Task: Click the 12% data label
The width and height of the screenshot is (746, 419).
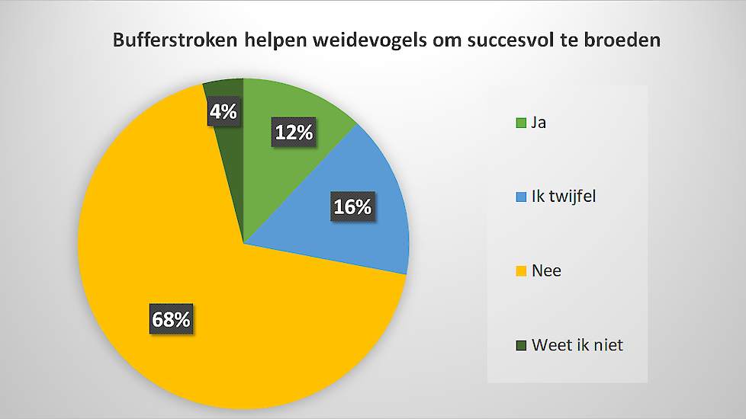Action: coord(294,132)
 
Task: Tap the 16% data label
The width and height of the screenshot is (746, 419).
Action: coord(352,206)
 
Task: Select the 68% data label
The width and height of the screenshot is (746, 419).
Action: coord(172,318)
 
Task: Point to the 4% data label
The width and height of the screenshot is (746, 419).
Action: coord(223,111)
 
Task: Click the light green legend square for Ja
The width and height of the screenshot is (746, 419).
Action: coord(521,123)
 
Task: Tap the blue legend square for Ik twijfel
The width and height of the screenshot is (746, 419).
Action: coord(521,197)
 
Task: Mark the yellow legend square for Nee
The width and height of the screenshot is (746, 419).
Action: coord(521,270)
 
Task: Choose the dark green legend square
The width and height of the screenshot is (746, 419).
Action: coord(521,345)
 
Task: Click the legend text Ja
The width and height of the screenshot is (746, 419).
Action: coord(539,123)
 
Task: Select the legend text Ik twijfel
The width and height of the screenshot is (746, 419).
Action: coord(564,197)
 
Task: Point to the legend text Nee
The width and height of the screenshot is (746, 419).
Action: coord(547,270)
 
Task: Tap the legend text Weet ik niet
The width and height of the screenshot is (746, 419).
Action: coord(577,345)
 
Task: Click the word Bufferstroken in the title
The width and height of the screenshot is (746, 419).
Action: coord(175,40)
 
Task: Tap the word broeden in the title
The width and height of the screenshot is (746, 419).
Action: coord(622,40)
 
